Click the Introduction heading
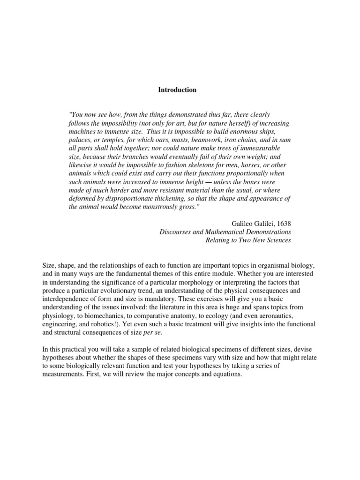(177, 90)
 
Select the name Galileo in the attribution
(243, 223)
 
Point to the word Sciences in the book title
(278, 240)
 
